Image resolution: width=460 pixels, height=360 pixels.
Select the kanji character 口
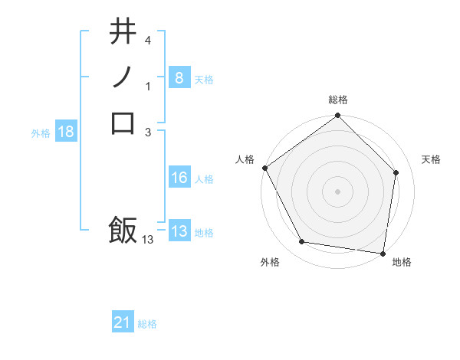[123, 123]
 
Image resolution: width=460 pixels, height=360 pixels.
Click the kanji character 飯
[123, 229]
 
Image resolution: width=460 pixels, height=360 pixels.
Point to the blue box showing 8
[179, 77]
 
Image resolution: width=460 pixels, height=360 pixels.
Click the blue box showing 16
[179, 178]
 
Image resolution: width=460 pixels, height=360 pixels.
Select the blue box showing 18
[66, 132]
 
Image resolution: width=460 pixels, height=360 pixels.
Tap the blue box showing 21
[123, 322]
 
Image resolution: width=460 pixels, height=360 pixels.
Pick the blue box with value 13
[179, 231]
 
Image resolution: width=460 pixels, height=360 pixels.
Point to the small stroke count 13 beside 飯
[148, 240]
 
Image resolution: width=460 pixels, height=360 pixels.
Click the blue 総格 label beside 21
[147, 324]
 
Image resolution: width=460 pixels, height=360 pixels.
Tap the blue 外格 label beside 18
[41, 133]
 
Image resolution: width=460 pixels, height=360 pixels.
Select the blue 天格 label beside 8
[204, 79]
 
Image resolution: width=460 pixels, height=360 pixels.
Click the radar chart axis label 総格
[338, 100]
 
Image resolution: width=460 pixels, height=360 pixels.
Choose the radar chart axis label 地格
[402, 262]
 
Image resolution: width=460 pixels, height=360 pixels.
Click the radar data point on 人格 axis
[265, 168]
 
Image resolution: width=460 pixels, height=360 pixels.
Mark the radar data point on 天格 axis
[396, 172]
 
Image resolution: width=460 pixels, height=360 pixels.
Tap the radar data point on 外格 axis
[302, 242]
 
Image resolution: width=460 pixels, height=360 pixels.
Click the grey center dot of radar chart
[338, 191]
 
